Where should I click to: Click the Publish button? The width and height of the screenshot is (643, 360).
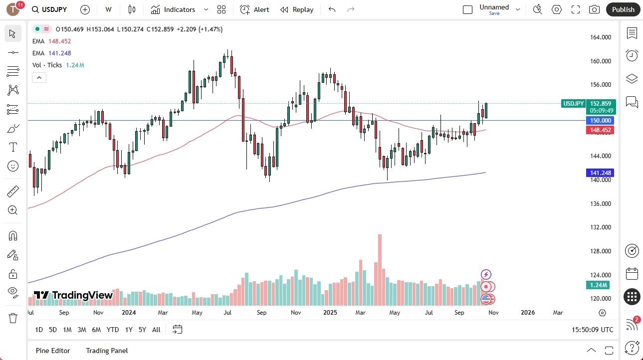click(623, 9)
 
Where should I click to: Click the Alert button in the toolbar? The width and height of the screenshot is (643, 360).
click(254, 9)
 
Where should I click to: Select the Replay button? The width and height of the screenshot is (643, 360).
click(297, 9)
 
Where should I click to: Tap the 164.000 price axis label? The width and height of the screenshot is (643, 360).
click(600, 37)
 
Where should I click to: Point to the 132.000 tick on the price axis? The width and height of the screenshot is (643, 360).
click(600, 227)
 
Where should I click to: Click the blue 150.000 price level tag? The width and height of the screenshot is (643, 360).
click(600, 121)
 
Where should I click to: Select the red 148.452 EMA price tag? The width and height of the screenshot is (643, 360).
click(600, 130)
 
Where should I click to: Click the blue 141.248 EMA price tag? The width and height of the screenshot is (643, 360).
click(600, 173)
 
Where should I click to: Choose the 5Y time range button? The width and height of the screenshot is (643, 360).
click(142, 330)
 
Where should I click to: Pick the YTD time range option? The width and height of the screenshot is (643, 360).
click(113, 330)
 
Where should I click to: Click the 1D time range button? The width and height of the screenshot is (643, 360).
click(39, 330)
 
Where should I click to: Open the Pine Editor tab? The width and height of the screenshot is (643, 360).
click(53, 351)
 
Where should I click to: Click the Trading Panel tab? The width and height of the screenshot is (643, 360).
click(107, 351)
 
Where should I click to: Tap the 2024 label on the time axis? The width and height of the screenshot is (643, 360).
click(129, 313)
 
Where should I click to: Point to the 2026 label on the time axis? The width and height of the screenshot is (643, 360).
click(528, 313)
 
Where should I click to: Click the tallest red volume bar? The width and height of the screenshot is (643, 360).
click(380, 269)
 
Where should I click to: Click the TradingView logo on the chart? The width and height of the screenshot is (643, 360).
click(73, 295)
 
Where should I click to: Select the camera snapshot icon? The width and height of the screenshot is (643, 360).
click(594, 9)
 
